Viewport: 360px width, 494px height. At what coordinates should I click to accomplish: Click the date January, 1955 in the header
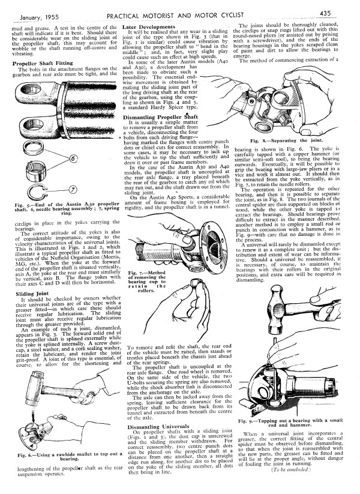click(x=40, y=17)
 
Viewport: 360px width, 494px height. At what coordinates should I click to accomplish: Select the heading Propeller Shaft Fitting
click(x=43, y=63)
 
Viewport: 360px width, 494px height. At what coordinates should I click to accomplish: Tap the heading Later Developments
click(x=149, y=27)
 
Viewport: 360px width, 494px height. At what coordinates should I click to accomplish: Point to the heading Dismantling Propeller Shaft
click(x=160, y=117)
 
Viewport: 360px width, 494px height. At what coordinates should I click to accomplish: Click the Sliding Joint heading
click(x=32, y=294)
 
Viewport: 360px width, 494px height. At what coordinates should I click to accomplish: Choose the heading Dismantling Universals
click(x=158, y=427)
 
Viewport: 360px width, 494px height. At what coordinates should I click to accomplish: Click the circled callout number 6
click(x=74, y=158)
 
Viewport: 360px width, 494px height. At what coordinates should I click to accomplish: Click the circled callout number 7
click(x=73, y=190)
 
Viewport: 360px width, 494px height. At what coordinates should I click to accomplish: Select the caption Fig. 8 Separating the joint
click(x=286, y=140)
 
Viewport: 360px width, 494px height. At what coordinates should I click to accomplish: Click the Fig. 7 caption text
click(x=147, y=282)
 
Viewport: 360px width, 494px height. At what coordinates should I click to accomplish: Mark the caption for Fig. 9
click(x=290, y=423)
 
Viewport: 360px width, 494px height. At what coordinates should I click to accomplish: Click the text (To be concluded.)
click(x=291, y=469)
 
